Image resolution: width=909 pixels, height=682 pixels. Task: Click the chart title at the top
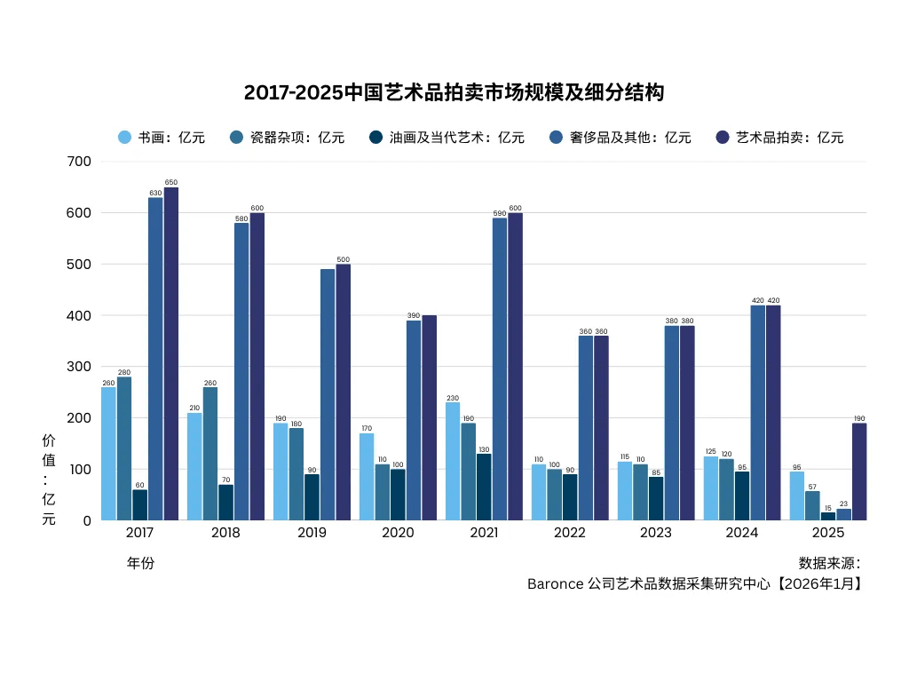coord(454,92)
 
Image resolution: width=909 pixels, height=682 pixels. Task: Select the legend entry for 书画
coord(162,138)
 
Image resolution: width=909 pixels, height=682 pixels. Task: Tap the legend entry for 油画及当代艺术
coord(447,138)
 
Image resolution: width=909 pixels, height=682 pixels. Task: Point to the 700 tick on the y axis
coord(79,162)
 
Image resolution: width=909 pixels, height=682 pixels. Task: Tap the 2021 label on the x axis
coord(484,533)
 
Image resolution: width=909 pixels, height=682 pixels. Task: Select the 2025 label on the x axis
coord(828,533)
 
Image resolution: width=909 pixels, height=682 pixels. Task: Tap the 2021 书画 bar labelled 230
coord(453,461)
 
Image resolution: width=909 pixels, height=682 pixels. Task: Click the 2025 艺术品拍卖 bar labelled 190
coord(859,472)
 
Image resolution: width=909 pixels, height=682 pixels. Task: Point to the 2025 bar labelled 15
coord(828,516)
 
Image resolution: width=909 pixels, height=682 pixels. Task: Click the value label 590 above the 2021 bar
coord(500,213)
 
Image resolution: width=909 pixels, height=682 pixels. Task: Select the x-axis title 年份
coord(140,563)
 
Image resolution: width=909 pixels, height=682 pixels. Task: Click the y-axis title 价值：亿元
coord(49,480)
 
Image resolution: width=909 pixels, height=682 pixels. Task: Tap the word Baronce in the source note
coord(555,584)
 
